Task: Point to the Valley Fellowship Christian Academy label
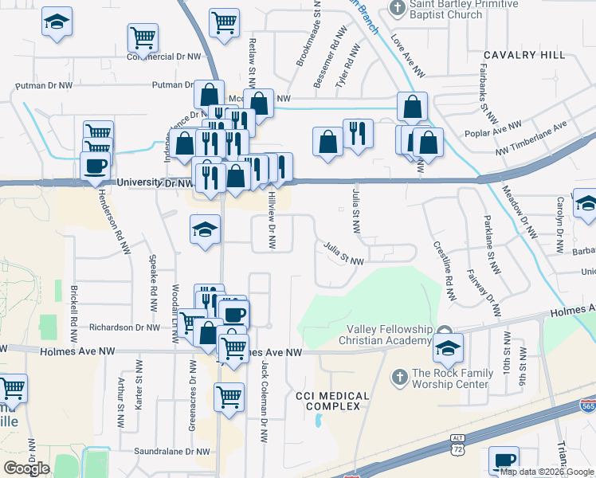tap(389, 335)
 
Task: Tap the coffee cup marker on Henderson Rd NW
tap(96, 167)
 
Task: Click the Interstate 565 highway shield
tap(586, 406)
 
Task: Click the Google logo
tap(26, 468)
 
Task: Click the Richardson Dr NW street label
tap(125, 327)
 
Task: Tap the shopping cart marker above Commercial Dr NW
tap(143, 37)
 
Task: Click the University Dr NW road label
tap(155, 183)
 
